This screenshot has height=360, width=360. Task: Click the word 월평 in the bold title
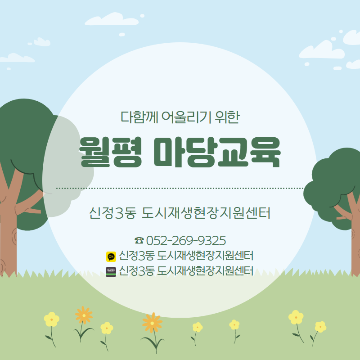coord(110,152)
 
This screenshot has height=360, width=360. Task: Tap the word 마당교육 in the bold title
coord(217,152)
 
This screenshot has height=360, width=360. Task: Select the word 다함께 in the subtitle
coord(139,117)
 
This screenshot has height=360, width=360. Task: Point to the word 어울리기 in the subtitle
coord(186,117)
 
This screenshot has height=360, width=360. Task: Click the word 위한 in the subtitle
coord(227,117)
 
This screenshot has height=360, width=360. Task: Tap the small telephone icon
coord(139,240)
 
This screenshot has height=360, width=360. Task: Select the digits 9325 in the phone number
coord(211,240)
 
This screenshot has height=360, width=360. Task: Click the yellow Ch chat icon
coord(111,256)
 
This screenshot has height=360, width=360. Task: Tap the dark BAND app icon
coord(111,272)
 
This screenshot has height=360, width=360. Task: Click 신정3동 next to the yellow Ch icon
coord(136,256)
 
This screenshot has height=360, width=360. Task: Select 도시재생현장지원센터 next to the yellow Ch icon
coord(205,256)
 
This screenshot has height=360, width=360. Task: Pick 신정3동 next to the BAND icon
coord(136,271)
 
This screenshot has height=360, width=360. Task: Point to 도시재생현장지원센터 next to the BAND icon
coord(205,271)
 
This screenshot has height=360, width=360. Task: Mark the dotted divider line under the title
coord(180,188)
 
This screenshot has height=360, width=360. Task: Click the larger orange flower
coord(152,323)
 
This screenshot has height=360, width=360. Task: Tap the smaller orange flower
coord(84,315)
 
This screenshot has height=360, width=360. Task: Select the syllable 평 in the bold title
coord(127,152)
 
